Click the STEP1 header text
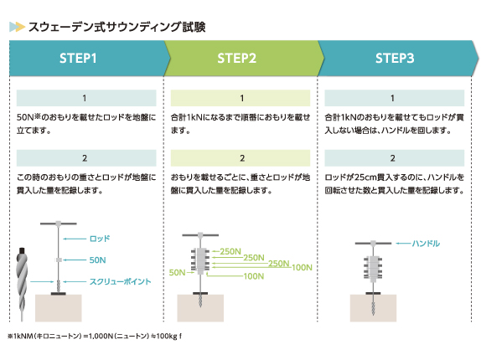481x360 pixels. pyautogui.click(x=78, y=59)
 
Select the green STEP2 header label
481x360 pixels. pyautogui.click(x=236, y=59)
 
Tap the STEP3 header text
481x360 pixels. pyautogui.click(x=395, y=59)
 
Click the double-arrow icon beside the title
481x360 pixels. pyautogui.click(x=17, y=27)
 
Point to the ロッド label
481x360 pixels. pyautogui.click(x=100, y=239)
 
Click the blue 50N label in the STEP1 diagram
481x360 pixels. pyautogui.click(x=97, y=260)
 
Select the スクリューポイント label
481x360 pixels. pyautogui.click(x=121, y=281)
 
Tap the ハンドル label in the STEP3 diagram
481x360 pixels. pyautogui.click(x=426, y=244)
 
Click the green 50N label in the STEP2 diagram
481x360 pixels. pyautogui.click(x=178, y=272)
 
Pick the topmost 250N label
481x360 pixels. pyautogui.click(x=230, y=251)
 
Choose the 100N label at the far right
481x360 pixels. pyautogui.click(x=302, y=267)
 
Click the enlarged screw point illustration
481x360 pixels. pyautogui.click(x=22, y=285)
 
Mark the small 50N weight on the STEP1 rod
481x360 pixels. pyautogui.click(x=59, y=260)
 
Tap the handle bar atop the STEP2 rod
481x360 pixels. pyautogui.click(x=200, y=235)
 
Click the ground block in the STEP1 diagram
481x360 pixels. pyautogui.click(x=59, y=308)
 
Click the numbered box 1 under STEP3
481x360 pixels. pyautogui.click(x=394, y=98)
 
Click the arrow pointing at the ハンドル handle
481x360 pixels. pyautogui.click(x=403, y=244)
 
